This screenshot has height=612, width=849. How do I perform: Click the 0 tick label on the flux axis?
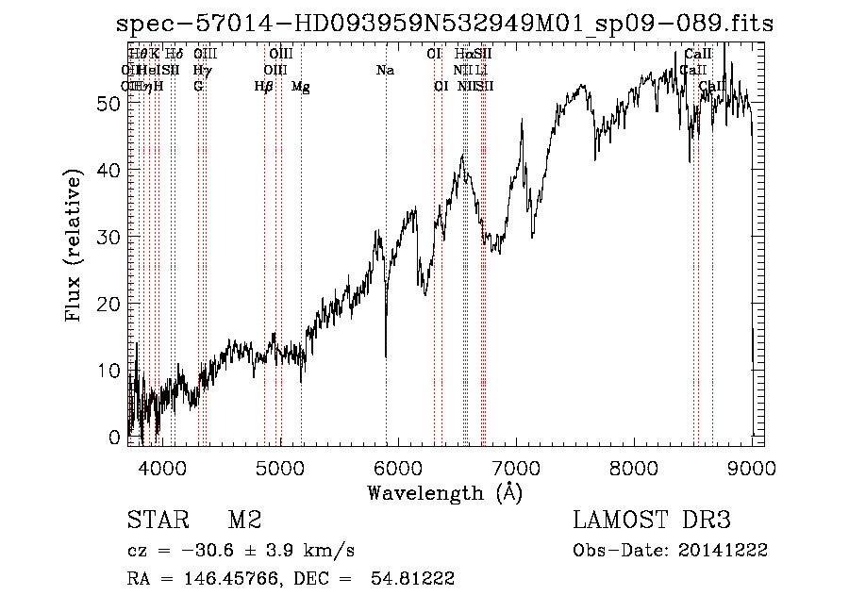click(x=115, y=437)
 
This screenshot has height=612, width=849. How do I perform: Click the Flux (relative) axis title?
click(x=74, y=245)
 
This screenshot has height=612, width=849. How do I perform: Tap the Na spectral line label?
click(x=385, y=71)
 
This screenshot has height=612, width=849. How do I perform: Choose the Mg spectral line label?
click(x=301, y=87)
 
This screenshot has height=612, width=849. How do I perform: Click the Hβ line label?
click(x=264, y=87)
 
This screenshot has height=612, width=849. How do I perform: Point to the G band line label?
click(x=198, y=87)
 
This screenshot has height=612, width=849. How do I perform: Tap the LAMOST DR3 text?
click(x=651, y=521)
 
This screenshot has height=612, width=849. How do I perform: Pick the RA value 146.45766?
click(x=211, y=579)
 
